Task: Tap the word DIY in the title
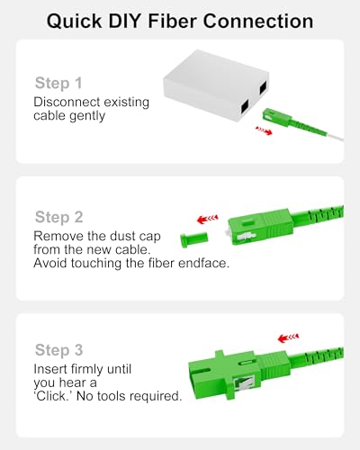(124, 21)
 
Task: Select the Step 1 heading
(58, 83)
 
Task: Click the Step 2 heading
(58, 217)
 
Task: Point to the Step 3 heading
(58, 350)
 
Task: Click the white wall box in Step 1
(216, 85)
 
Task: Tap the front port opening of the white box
(244, 106)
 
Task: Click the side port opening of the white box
(263, 88)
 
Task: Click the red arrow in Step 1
(264, 130)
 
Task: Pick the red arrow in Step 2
(207, 220)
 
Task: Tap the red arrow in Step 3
(288, 337)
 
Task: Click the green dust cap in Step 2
(193, 239)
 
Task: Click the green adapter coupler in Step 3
(224, 375)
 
